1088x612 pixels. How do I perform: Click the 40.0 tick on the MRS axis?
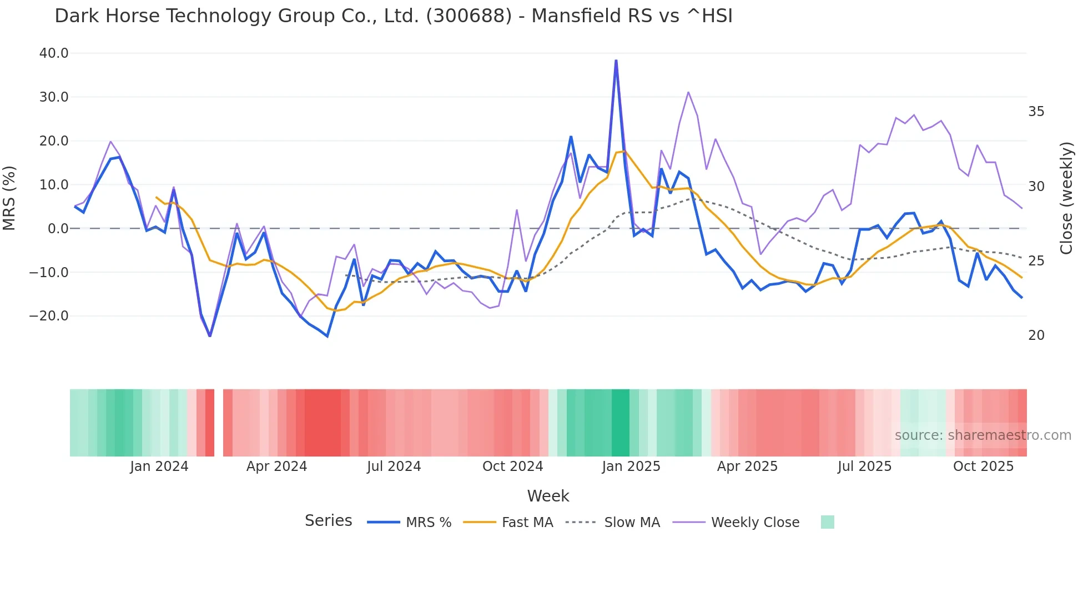[54, 53]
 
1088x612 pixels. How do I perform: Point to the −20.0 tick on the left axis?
[49, 316]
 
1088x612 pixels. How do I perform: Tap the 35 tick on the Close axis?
[1036, 112]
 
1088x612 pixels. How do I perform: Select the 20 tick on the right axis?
[1036, 335]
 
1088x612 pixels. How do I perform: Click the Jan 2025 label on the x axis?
[631, 466]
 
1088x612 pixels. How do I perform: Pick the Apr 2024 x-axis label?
[276, 466]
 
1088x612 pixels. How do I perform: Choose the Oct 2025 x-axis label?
[983, 466]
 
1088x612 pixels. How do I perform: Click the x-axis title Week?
[548, 496]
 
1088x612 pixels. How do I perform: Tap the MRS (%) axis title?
[9, 198]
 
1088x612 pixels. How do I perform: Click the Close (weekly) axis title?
[1066, 198]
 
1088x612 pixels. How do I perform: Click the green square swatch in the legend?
[827, 522]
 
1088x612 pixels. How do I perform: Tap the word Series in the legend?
[328, 521]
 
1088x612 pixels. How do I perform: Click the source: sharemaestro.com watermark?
[983, 435]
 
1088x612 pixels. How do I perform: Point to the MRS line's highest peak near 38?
[616, 61]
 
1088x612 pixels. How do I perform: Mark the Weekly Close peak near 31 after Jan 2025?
[688, 92]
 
